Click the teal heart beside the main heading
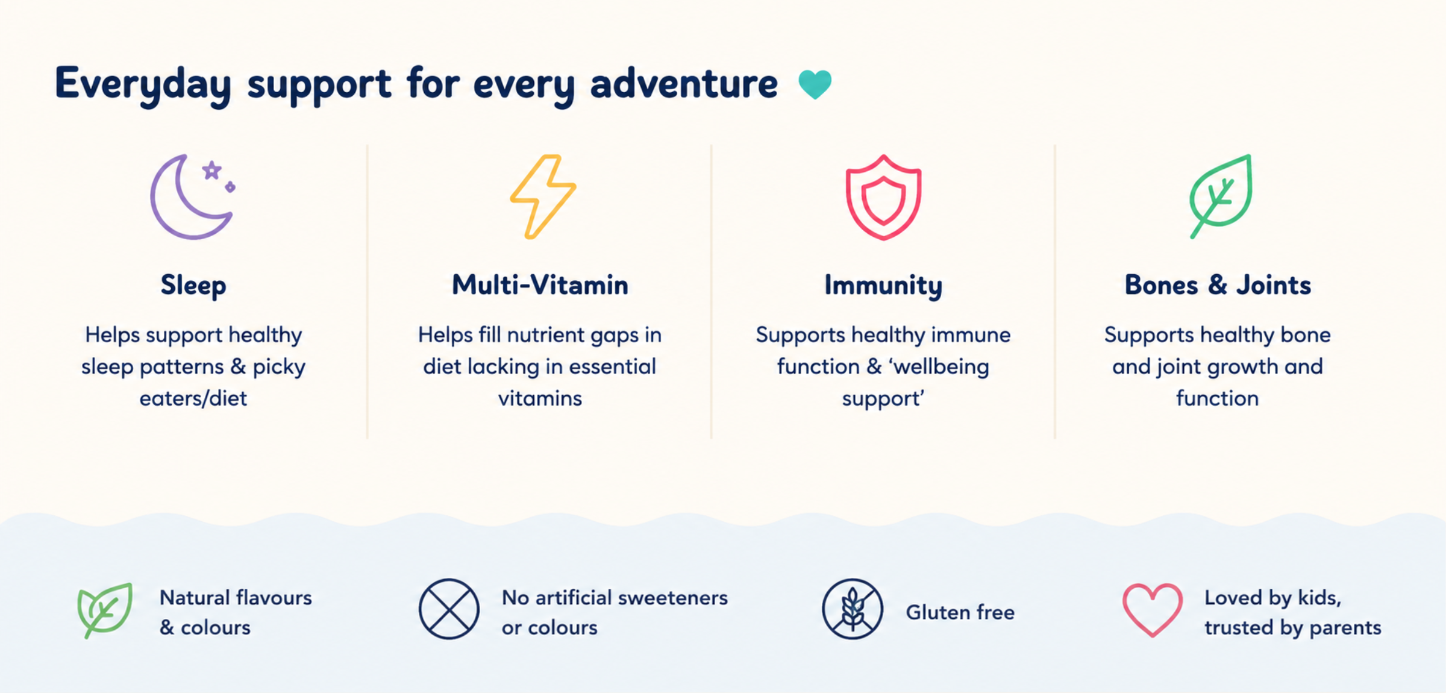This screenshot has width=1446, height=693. [815, 84]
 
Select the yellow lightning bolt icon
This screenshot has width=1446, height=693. [543, 196]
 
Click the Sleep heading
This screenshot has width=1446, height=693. [193, 285]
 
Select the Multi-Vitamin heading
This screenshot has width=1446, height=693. [540, 284]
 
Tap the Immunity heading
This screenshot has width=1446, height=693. [883, 285]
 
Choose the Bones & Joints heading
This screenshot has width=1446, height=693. [1218, 284]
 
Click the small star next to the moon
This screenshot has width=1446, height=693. [211, 171]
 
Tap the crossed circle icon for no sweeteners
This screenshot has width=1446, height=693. [449, 609]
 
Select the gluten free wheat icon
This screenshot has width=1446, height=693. [853, 609]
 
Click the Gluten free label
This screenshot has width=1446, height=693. [960, 612]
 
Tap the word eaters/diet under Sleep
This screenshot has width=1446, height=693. [193, 398]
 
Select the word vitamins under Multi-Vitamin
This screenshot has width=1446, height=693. [540, 398]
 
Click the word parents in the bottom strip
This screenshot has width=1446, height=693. [1345, 628]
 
